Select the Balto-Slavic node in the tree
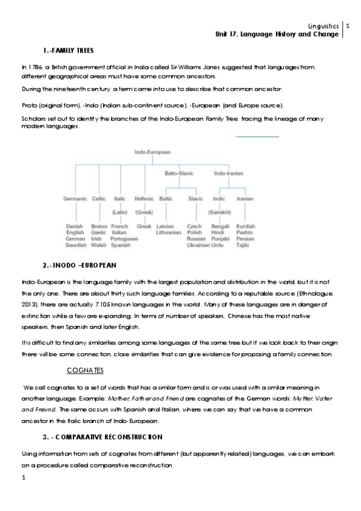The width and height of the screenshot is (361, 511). (179, 174)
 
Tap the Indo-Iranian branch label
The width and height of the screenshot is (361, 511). (228, 174)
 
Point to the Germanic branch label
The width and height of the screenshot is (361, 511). (75, 198)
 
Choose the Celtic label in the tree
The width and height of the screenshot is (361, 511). (99, 198)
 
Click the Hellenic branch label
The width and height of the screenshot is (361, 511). (143, 198)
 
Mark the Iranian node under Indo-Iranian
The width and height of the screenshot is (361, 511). (245, 198)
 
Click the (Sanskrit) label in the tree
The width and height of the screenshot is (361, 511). (220, 212)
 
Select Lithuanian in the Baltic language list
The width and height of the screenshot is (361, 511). (168, 233)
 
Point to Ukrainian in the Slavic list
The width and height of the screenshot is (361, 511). (198, 246)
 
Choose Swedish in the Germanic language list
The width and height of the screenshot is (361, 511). (75, 246)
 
